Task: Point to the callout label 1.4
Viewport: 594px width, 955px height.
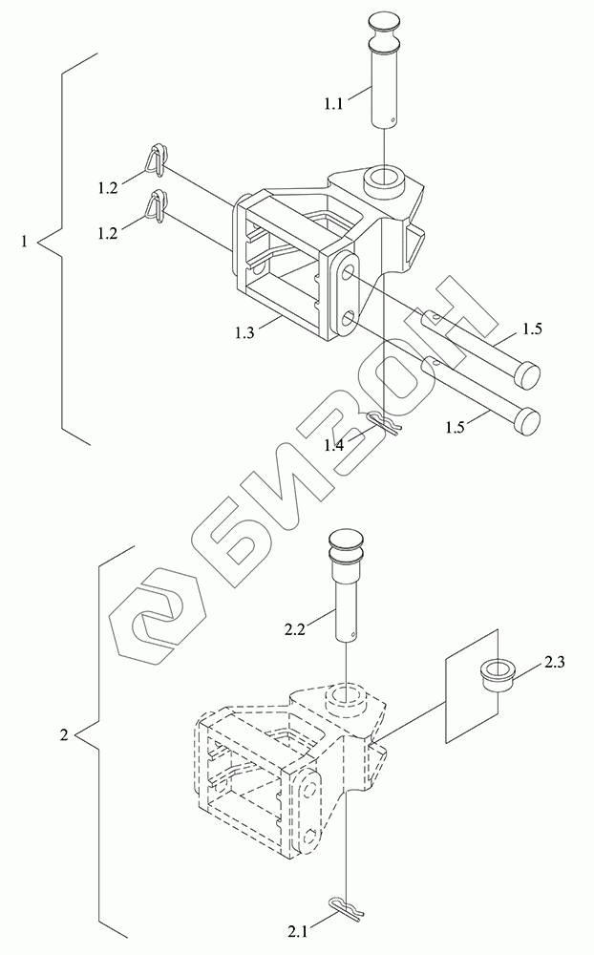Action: [334, 445]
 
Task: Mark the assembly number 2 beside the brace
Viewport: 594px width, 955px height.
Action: [63, 735]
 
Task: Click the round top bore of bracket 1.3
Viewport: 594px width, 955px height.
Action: [384, 178]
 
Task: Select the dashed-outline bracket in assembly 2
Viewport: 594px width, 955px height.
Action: [286, 764]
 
